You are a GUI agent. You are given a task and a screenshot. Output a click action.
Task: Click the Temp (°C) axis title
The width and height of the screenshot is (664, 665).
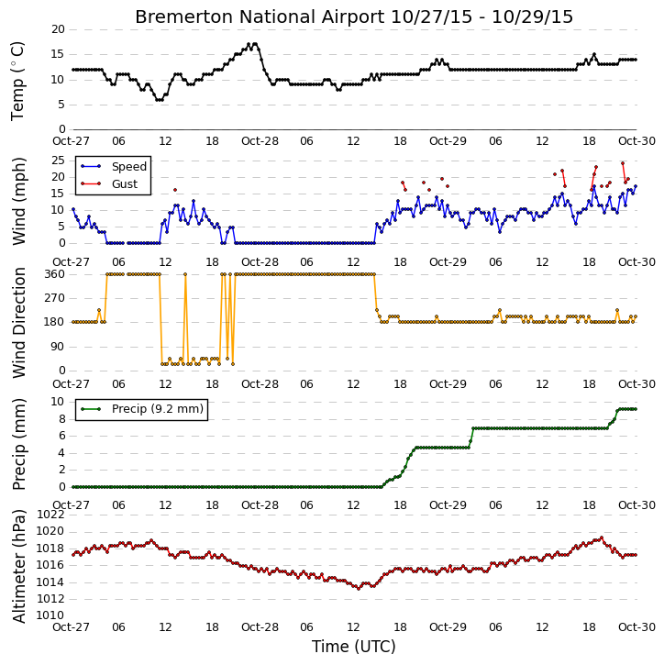pos(17,81)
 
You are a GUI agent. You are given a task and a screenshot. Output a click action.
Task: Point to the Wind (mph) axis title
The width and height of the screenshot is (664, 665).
pos(18,201)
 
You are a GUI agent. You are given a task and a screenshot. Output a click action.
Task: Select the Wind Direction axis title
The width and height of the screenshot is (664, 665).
pos(18,322)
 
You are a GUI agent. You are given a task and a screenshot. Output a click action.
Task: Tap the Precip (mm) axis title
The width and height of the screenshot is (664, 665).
pos(18,444)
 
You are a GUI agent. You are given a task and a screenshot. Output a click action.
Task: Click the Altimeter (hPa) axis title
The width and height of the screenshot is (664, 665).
pos(18,566)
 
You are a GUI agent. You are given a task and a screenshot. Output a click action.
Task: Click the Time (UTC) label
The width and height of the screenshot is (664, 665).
pos(354,647)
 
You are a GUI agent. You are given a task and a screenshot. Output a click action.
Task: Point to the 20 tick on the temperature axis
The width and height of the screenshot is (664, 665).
pos(58,29)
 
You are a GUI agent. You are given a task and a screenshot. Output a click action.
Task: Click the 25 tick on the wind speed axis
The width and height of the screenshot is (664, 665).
pos(58,161)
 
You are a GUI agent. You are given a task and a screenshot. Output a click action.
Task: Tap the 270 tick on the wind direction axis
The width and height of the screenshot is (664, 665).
pos(55,298)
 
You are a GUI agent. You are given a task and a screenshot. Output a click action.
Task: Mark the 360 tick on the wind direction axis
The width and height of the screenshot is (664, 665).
pos(55,274)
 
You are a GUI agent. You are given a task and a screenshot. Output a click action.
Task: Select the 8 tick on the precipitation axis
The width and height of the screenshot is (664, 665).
pos(61,419)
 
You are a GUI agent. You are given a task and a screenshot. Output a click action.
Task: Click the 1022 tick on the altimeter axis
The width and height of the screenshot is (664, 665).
pos(50,515)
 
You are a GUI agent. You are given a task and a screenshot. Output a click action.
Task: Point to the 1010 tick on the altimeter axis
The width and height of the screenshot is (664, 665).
pos(50,615)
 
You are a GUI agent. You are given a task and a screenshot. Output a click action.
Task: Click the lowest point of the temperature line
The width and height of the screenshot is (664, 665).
pos(159,100)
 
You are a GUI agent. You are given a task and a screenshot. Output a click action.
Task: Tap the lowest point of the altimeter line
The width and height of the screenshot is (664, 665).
pos(359,589)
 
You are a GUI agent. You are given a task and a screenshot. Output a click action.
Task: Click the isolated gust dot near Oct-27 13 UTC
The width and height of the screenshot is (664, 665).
pos(175,190)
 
